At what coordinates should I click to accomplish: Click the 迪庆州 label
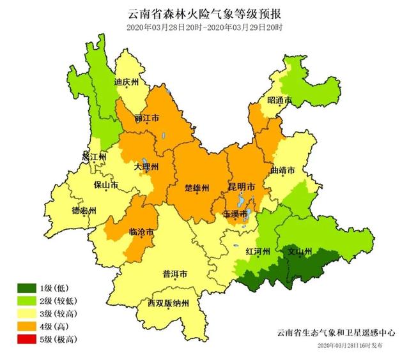click(126, 82)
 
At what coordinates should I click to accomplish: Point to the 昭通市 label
click(279, 101)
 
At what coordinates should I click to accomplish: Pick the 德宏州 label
click(84, 211)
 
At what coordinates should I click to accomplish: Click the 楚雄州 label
click(196, 188)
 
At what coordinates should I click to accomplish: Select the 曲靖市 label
click(282, 171)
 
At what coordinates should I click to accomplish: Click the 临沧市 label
click(141, 232)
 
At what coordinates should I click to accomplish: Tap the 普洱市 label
click(175, 274)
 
